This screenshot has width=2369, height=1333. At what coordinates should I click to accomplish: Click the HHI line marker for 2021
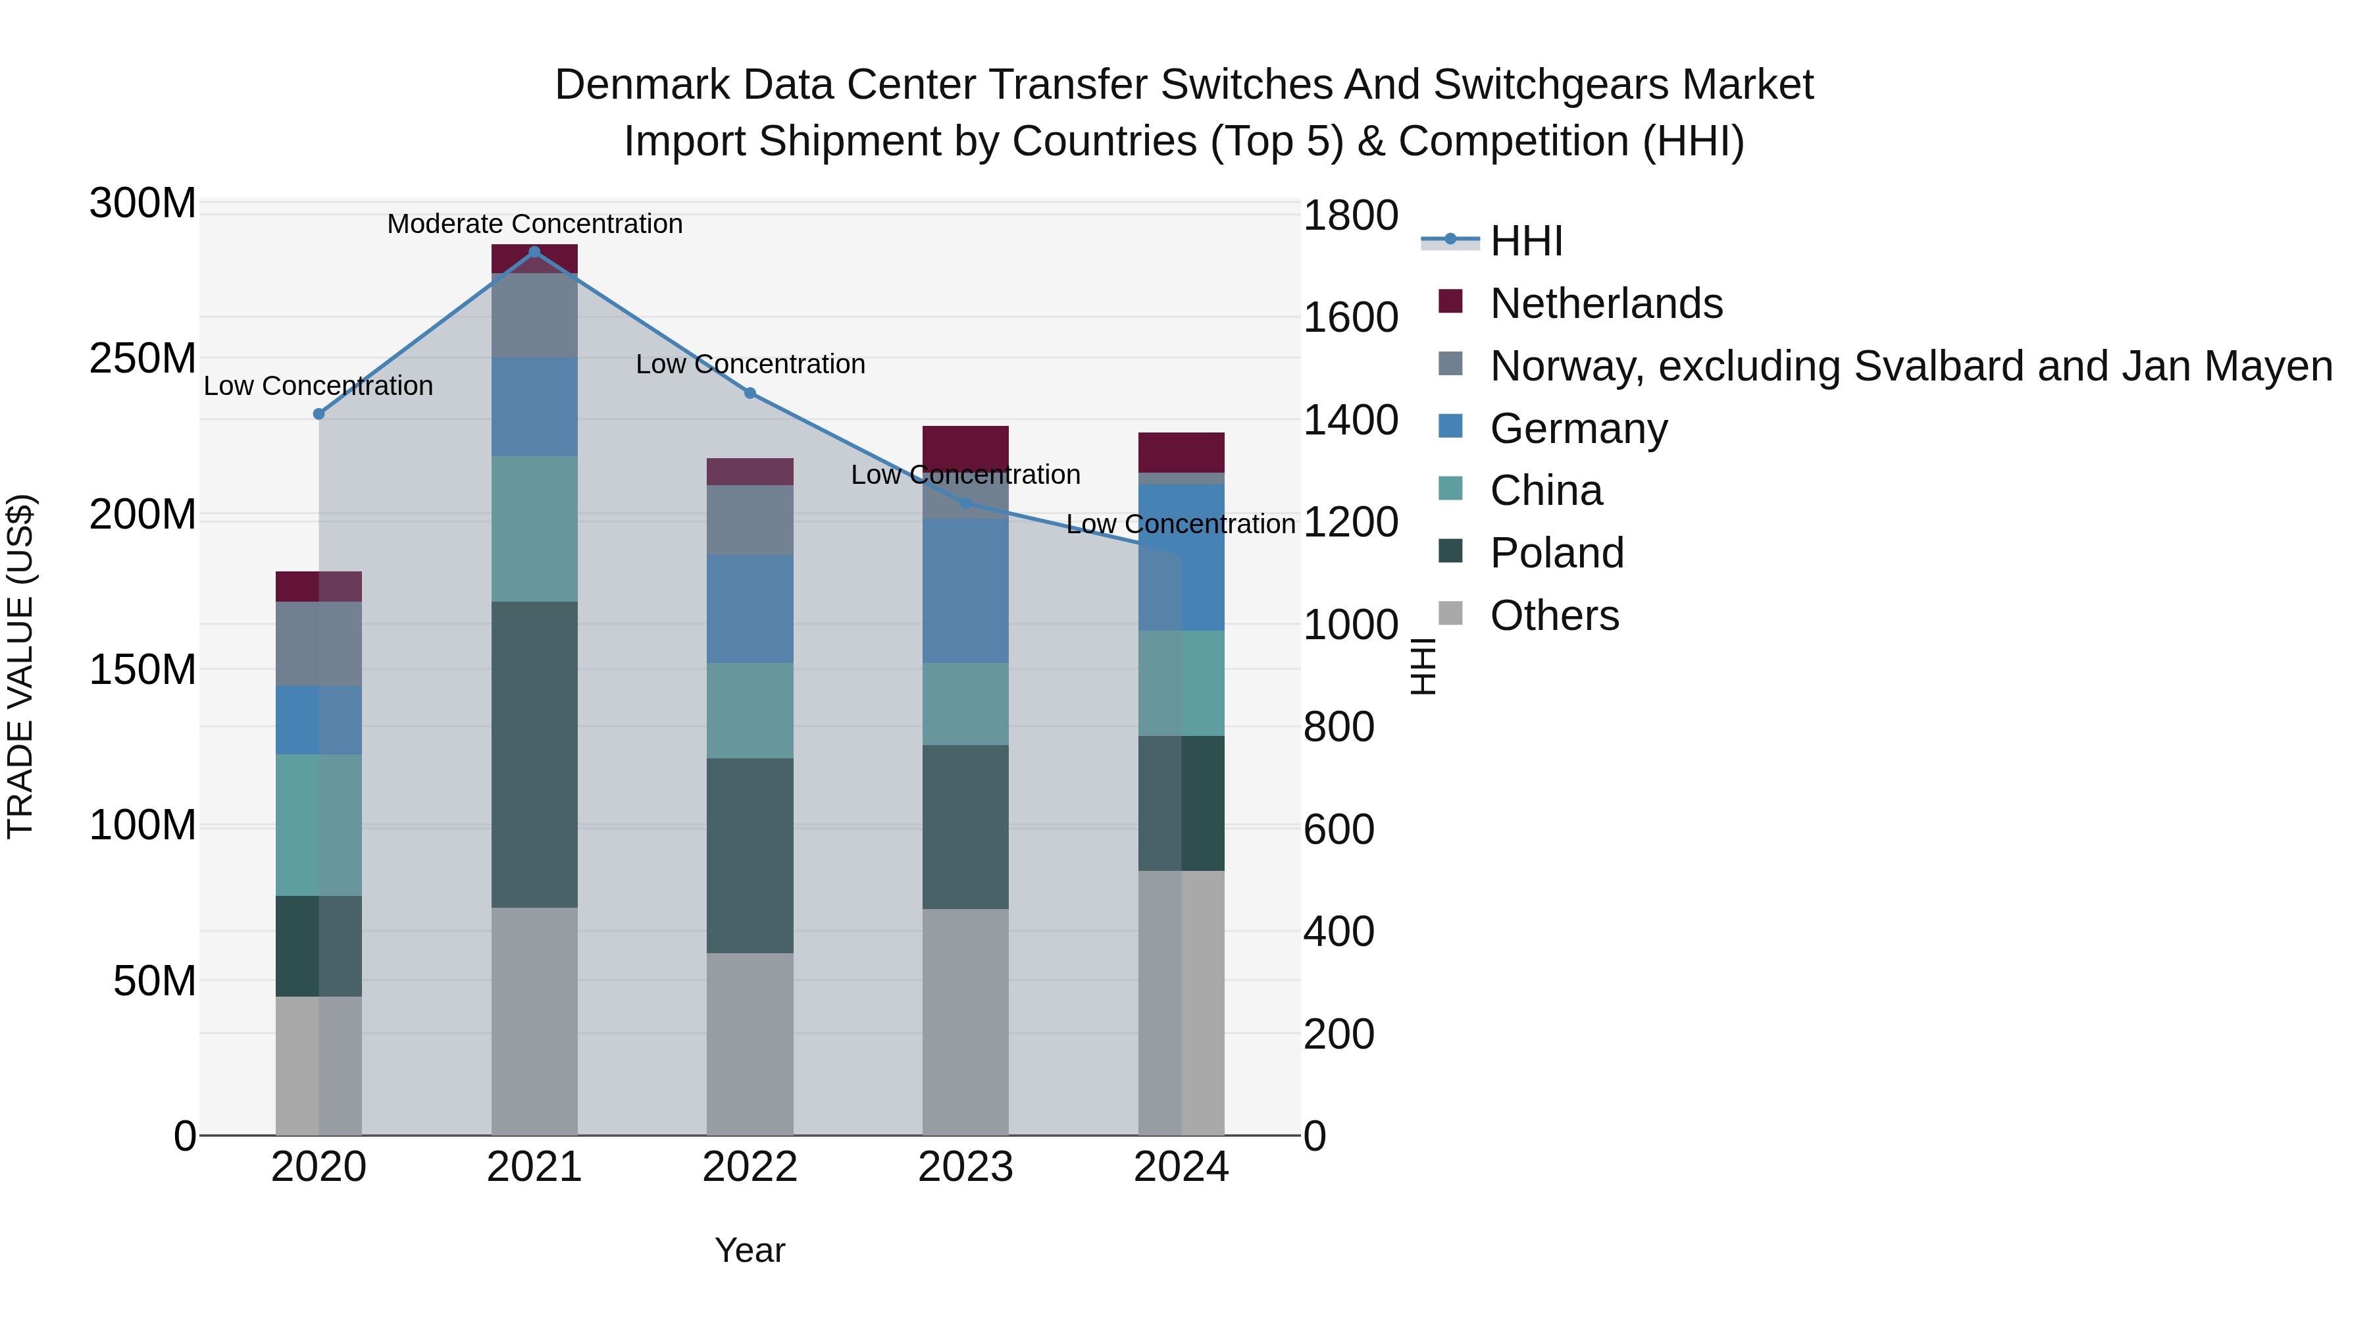pos(534,252)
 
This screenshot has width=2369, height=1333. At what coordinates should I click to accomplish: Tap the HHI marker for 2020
pos(319,414)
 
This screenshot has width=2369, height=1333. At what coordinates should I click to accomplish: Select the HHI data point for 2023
pos(965,503)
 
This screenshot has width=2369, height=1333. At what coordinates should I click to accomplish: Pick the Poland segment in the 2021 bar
pos(534,754)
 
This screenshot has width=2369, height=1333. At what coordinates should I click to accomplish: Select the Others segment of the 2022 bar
pos(750,1043)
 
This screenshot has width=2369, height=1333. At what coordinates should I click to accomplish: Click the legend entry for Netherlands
pos(1606,303)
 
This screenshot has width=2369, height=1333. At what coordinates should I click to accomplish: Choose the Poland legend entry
pos(1557,553)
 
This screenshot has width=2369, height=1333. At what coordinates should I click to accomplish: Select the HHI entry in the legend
pos(1527,241)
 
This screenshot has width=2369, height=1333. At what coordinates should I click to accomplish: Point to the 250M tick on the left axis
pos(143,359)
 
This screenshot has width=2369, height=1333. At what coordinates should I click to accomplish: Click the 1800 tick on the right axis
pos(1350,216)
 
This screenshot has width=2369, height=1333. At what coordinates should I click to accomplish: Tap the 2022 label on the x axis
pos(750,1167)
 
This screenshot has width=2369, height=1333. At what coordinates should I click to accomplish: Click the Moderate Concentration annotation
pos(534,224)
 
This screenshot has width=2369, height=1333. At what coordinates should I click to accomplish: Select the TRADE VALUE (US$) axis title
pos(20,666)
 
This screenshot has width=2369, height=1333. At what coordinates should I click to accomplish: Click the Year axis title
pos(750,1250)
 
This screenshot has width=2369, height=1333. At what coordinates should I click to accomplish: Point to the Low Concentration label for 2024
pos(1181,525)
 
